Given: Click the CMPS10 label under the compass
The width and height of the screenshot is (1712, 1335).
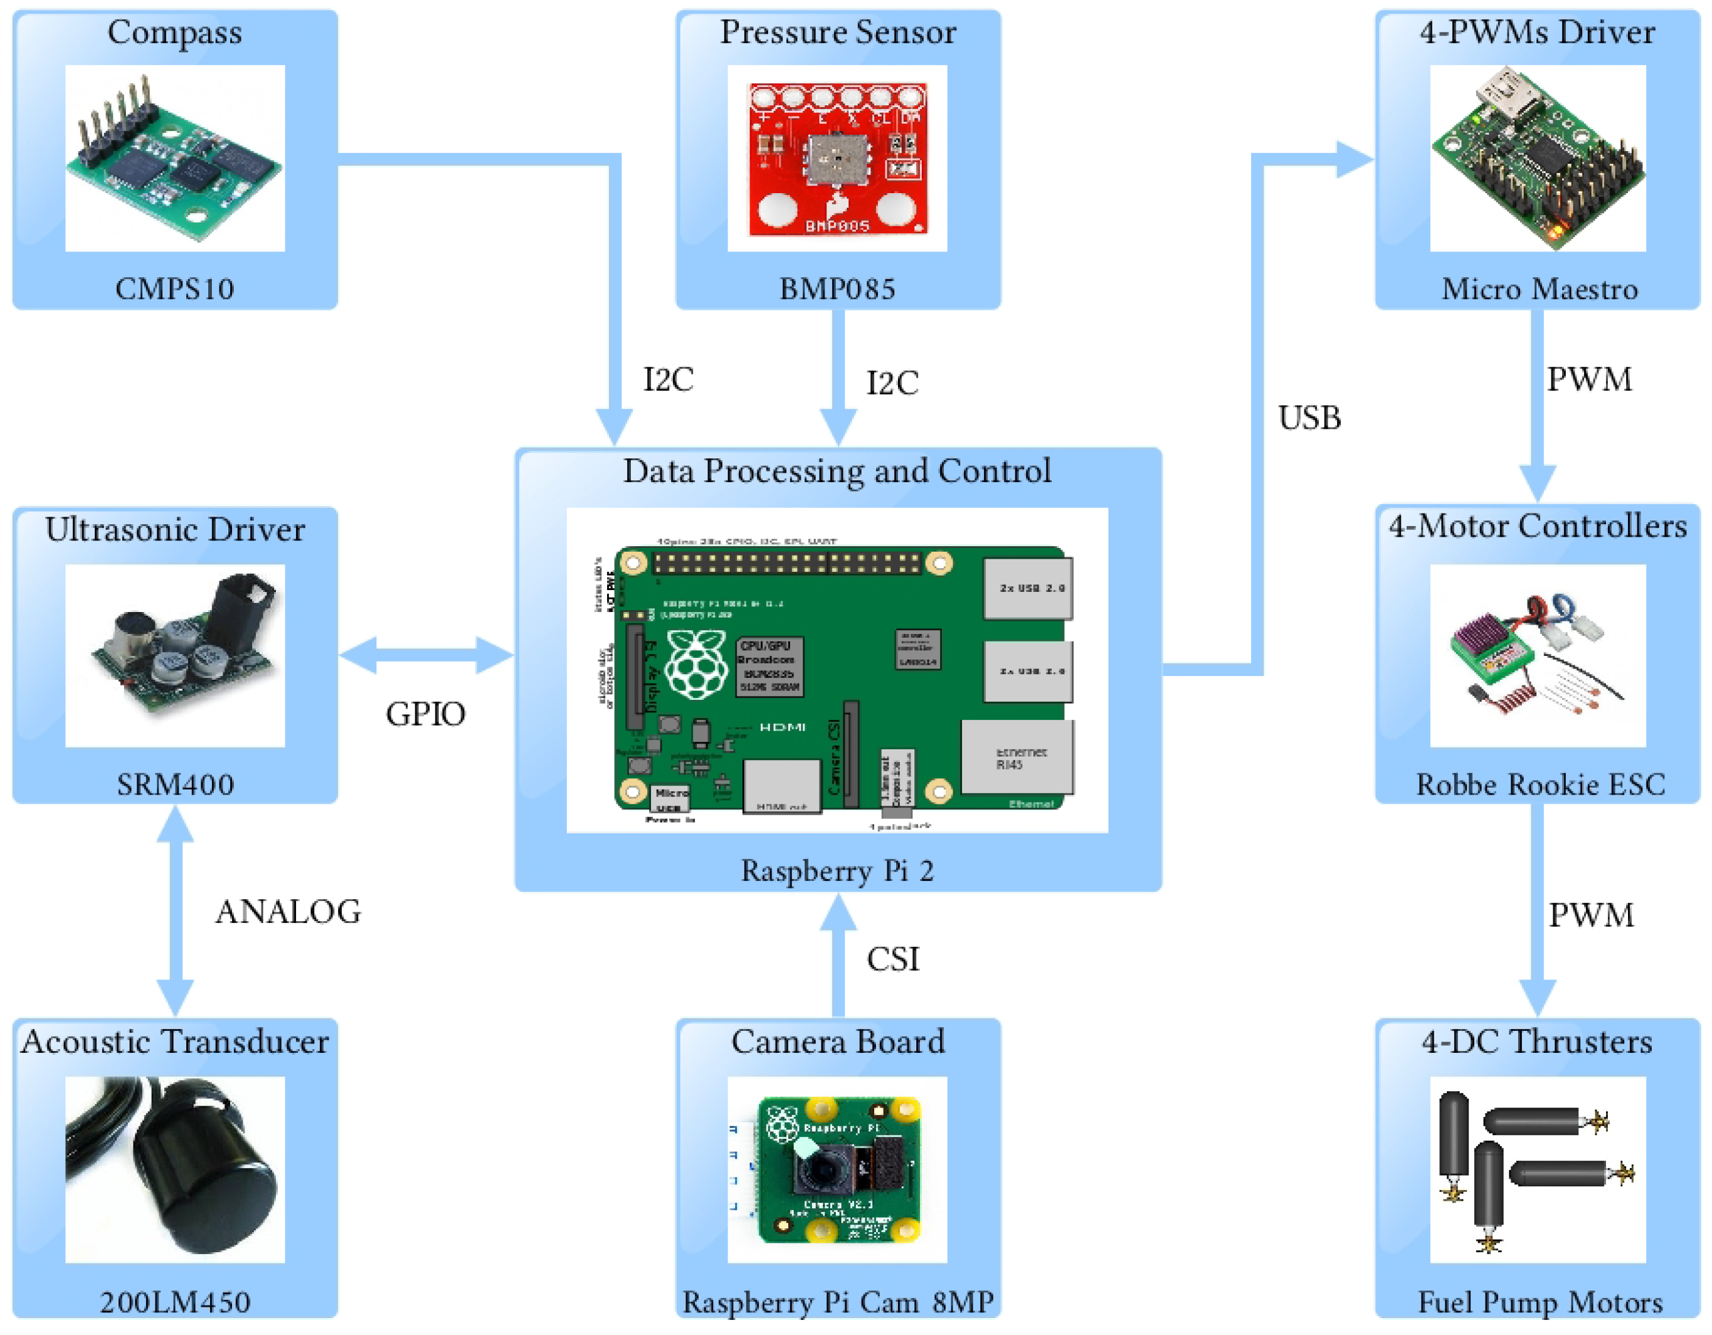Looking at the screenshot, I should click(174, 289).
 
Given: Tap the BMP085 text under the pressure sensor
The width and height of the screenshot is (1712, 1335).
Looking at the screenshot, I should click(837, 289).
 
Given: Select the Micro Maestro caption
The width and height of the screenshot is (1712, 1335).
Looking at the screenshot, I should click(1539, 289).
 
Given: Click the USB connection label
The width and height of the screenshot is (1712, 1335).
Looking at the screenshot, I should click(1309, 418).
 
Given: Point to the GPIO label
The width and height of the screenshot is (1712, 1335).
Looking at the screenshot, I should click(425, 714).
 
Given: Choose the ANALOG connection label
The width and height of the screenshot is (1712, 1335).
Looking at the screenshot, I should click(288, 912).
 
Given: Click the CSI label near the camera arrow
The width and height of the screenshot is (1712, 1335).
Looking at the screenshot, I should click(892, 959).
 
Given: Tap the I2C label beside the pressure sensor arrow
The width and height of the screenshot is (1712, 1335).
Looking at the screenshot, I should click(892, 383).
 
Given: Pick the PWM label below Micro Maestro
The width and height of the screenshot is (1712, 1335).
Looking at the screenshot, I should click(1589, 379).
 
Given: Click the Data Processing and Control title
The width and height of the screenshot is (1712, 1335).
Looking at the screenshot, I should click(837, 471).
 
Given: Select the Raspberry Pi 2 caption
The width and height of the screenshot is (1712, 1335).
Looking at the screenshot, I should click(837, 871).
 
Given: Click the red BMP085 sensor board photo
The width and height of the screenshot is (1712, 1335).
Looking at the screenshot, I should click(837, 159).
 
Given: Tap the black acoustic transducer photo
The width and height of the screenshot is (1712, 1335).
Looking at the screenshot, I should click(175, 1168).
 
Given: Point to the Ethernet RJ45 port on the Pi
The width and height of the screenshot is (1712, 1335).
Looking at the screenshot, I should click(1017, 758).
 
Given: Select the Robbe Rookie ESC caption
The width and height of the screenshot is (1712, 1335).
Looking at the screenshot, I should click(1540, 784).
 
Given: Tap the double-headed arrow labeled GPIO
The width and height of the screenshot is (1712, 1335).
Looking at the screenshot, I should click(426, 655).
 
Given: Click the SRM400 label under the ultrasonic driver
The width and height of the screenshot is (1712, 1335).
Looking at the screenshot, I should click(175, 784).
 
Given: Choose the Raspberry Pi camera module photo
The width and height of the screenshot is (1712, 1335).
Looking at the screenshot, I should click(837, 1169).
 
